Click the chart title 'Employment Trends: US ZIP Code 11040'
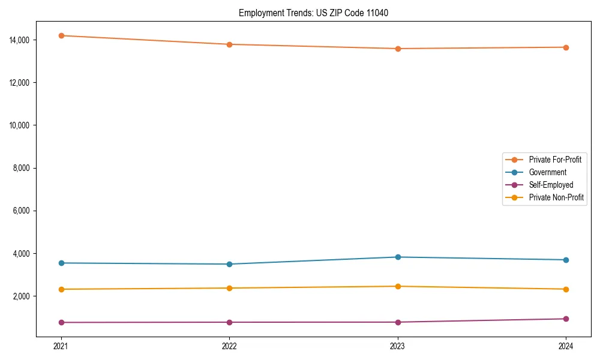[313, 13]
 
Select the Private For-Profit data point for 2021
[61, 35]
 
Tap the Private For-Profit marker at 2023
[397, 49]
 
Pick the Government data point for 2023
[397, 257]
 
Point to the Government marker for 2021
[61, 263]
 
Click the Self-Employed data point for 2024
[566, 319]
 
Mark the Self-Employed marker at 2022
[229, 322]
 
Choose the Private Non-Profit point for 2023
[397, 286]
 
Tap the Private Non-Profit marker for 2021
[61, 289]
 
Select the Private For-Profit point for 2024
[566, 47]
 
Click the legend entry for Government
[547, 172]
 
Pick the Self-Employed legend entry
[551, 185]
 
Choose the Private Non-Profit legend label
[556, 197]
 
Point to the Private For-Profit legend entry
[554, 160]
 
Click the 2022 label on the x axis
[229, 346]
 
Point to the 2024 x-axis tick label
[566, 346]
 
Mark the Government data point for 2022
[229, 264]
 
